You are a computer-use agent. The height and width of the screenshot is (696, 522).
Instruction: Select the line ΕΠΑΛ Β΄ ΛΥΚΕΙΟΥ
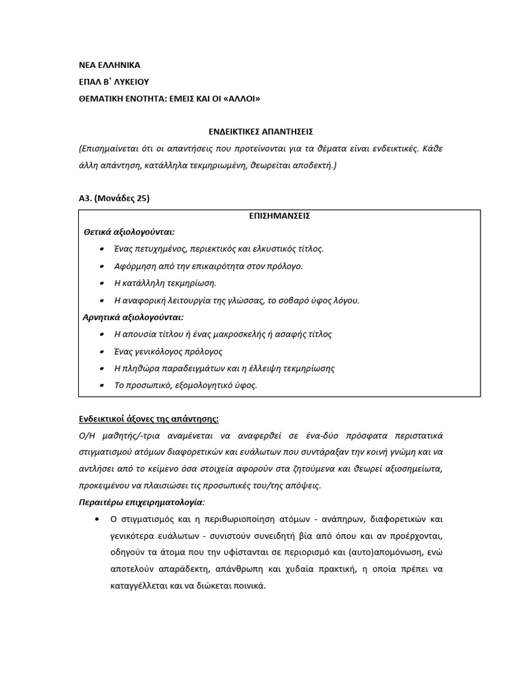coord(114,82)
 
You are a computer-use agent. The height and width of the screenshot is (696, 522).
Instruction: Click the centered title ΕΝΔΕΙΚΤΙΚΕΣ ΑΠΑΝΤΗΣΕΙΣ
coord(260,130)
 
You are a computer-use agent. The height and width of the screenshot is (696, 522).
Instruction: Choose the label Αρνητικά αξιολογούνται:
coord(133,317)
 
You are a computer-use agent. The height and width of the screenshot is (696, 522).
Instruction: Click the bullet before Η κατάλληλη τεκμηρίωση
coord(101,283)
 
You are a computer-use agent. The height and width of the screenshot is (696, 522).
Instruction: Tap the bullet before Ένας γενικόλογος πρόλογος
coord(101,352)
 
